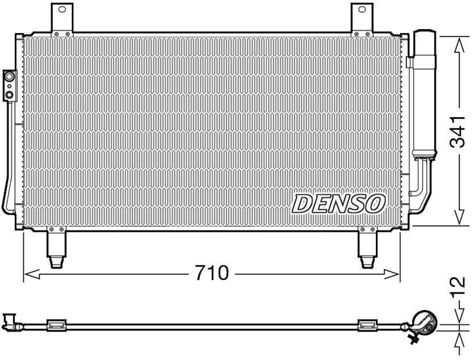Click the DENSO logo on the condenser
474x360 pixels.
(339, 202)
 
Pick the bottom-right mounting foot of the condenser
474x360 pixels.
(368, 249)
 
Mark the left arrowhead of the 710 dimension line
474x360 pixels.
(28, 274)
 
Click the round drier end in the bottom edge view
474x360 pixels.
(425, 321)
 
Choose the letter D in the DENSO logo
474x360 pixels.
(303, 202)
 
